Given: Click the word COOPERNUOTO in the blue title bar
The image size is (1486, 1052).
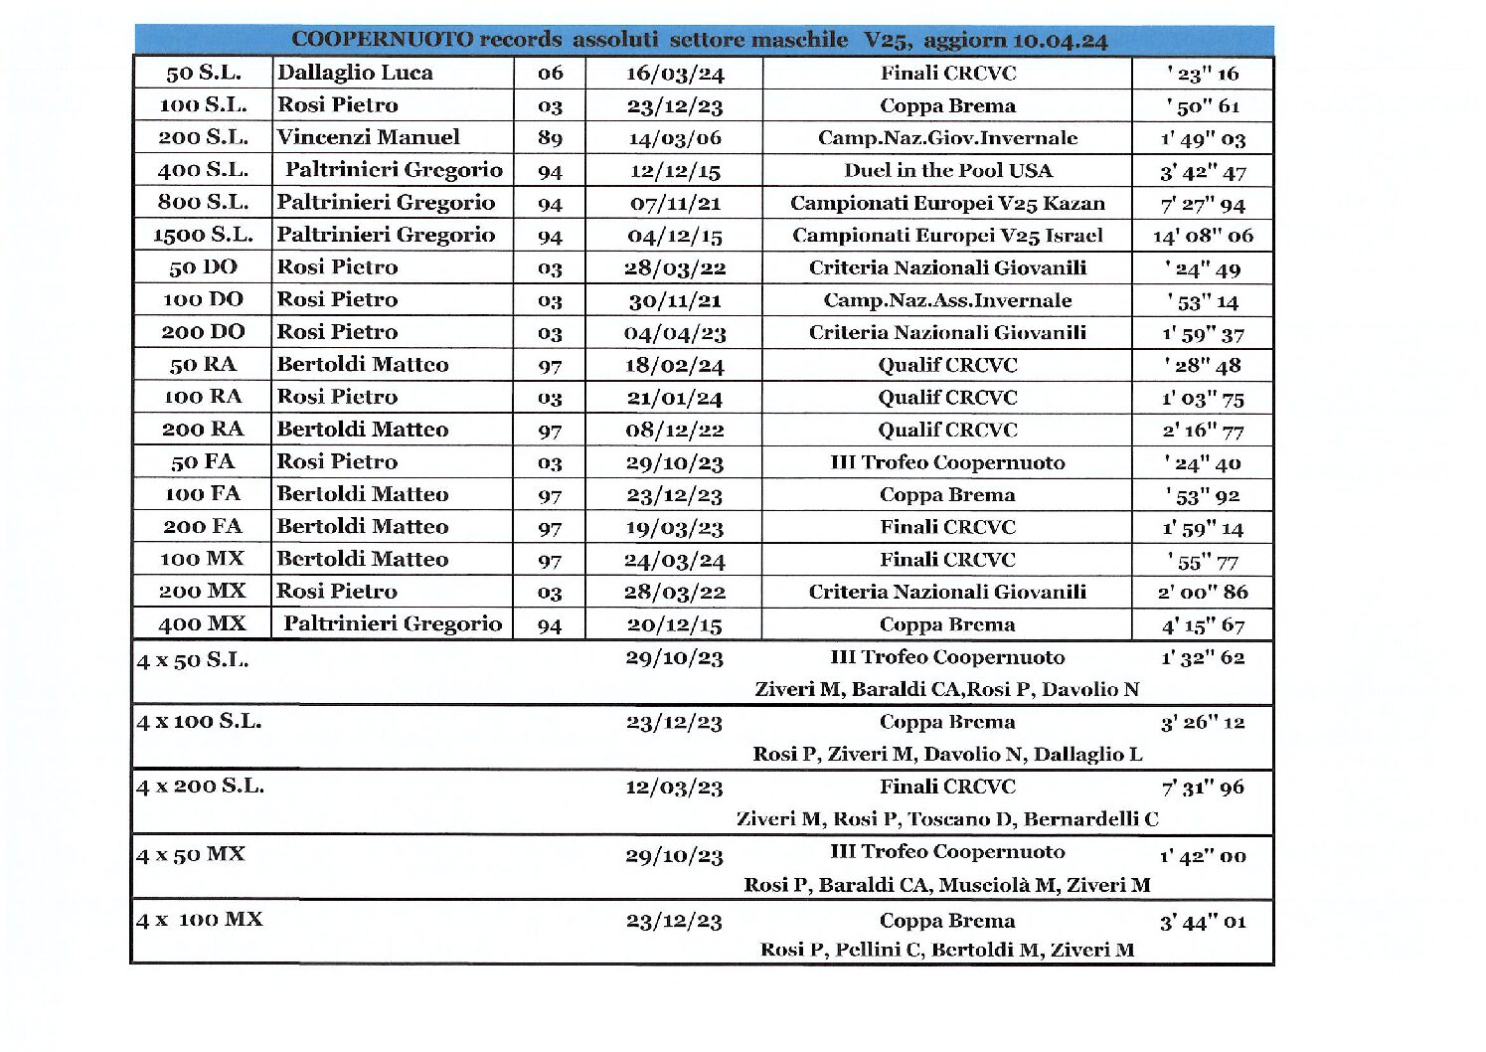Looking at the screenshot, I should tap(382, 40).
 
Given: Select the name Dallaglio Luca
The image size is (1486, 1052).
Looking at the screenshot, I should tap(355, 73).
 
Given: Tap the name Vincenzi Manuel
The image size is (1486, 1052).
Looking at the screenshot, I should tap(368, 137).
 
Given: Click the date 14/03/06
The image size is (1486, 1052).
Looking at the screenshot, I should tap(674, 138).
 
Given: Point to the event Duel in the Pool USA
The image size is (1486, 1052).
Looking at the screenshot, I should tap(947, 170).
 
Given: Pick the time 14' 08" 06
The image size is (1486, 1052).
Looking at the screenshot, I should tap(1203, 236).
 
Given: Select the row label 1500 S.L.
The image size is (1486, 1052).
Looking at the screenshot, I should tap(203, 235).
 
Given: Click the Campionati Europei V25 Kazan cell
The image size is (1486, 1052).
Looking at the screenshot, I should tap(947, 203).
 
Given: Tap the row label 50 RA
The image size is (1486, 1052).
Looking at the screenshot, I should tap(203, 364).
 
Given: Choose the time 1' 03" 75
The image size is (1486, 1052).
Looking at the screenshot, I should tap(1203, 398).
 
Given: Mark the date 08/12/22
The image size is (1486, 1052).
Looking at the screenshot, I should tap(674, 430).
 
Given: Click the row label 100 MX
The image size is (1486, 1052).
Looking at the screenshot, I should tap(203, 559).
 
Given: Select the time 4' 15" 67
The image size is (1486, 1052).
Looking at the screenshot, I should tap(1203, 624).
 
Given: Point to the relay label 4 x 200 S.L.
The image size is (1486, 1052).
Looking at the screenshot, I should tap(200, 787).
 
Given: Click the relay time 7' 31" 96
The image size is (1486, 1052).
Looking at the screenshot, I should tap(1203, 788).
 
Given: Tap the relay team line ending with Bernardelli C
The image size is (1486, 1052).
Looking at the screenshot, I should tap(947, 819).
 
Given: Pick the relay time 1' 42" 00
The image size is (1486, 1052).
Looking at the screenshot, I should tap(1203, 855).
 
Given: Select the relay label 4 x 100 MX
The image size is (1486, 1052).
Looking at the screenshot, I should tap(200, 920).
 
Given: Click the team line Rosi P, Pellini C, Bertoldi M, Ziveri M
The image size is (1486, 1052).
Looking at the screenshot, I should tap(947, 950).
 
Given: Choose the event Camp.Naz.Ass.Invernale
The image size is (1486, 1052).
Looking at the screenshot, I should tap(947, 300).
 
